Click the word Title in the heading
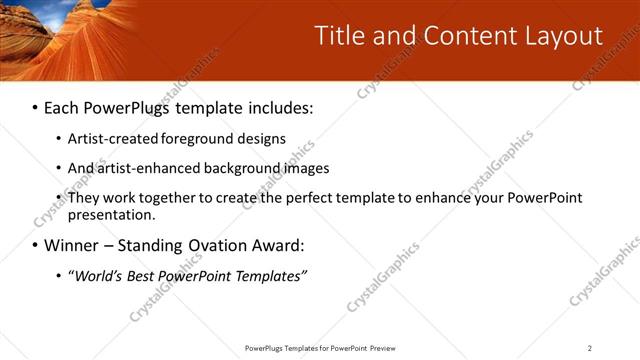tap(339, 36)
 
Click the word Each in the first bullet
tap(62, 107)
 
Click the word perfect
tap(301, 198)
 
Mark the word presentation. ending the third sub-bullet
tap(111, 215)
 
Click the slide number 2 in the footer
tap(590, 348)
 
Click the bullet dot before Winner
tap(35, 246)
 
